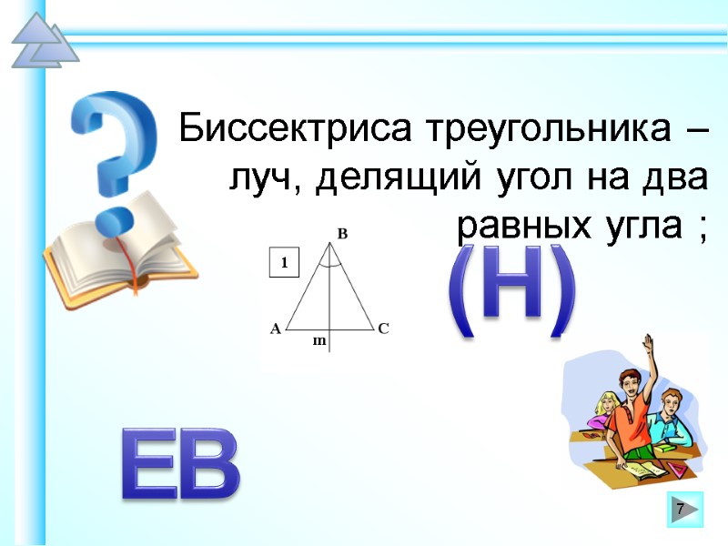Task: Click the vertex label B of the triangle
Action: pyautogui.click(x=342, y=235)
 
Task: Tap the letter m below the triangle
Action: pyautogui.click(x=318, y=340)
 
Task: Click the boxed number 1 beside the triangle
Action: pyautogui.click(x=284, y=263)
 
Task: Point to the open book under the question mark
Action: pyautogui.click(x=118, y=250)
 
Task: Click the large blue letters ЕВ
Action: pyautogui.click(x=180, y=465)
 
